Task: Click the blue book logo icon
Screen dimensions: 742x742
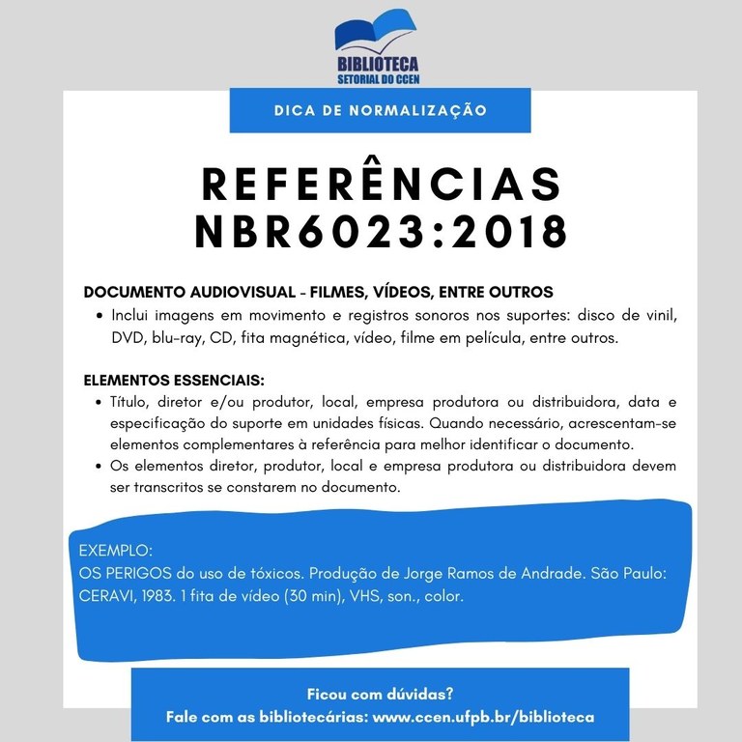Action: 376,31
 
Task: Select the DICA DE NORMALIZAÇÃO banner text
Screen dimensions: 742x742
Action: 380,110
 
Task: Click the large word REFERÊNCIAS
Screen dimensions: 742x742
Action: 380,184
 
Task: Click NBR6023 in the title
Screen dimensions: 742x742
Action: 307,232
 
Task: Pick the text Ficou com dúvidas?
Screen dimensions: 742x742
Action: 380,694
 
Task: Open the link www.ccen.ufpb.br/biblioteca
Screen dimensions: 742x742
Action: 483,718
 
